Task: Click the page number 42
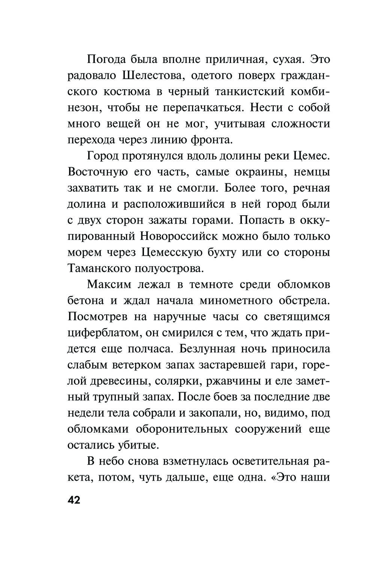pyautogui.click(x=74, y=500)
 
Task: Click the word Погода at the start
pyautogui.click(x=106, y=60)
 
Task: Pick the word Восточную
pyautogui.click(x=96, y=172)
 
